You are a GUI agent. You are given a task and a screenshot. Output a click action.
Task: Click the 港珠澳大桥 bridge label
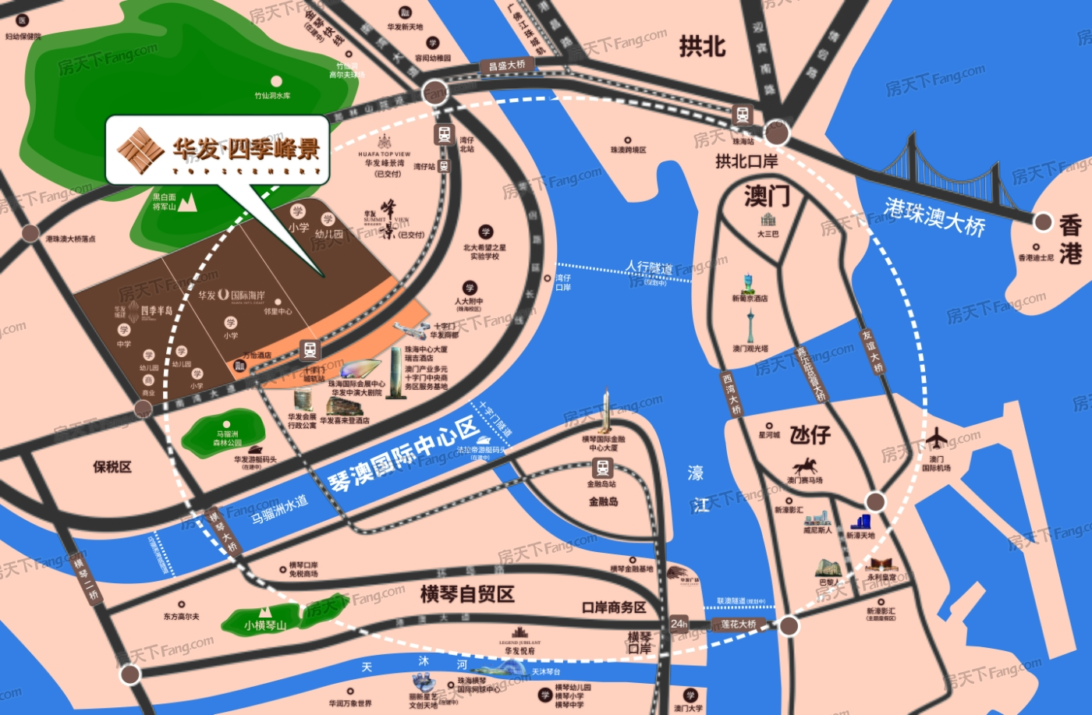[x=934, y=216]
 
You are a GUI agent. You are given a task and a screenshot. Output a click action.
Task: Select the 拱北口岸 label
[x=746, y=161]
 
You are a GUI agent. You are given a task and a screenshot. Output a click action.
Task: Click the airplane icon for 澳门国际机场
[x=936, y=438]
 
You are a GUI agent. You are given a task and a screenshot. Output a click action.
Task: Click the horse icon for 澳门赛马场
[x=804, y=467]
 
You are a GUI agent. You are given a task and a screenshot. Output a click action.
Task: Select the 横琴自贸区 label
[x=467, y=594]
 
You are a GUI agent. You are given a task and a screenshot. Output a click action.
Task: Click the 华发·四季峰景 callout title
[x=245, y=148]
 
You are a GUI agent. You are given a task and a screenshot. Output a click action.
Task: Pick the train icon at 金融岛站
[x=602, y=468]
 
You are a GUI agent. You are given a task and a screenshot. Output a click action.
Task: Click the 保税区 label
[x=112, y=467]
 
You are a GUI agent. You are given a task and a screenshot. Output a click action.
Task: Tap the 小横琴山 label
[x=265, y=625]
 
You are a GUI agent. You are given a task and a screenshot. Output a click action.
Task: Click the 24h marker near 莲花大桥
[x=679, y=624]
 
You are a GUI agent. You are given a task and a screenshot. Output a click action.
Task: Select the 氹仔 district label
[x=810, y=434]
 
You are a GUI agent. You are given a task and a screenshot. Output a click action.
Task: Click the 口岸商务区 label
[x=614, y=607]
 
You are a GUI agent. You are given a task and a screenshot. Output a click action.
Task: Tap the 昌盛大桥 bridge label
[x=507, y=65]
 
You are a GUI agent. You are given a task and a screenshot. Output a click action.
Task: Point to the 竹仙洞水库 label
[x=272, y=95]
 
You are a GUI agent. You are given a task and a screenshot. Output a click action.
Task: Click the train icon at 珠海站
[x=743, y=115]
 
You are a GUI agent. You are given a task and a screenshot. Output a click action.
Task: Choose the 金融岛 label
[x=603, y=501]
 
